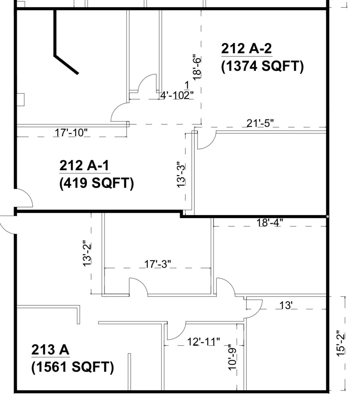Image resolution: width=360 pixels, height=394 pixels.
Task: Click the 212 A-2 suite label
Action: click(246, 48)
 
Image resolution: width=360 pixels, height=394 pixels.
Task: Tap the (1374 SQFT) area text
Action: click(262, 67)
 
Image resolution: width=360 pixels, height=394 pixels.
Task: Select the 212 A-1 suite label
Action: click(84, 165)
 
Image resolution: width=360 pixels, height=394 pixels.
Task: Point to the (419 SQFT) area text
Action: click(97, 183)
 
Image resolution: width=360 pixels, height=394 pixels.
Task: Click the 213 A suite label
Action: click(50, 350)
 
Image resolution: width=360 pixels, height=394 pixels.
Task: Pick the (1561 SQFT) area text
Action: click(73, 367)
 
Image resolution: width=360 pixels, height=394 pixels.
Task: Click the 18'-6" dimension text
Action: click(197, 67)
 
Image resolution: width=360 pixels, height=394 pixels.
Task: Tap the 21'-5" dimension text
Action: click(260, 123)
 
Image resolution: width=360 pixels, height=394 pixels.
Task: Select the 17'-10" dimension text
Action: click(71, 132)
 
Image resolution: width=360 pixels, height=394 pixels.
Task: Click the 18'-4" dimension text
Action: click(270, 223)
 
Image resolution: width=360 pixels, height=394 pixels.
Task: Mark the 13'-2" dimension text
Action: click(87, 253)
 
